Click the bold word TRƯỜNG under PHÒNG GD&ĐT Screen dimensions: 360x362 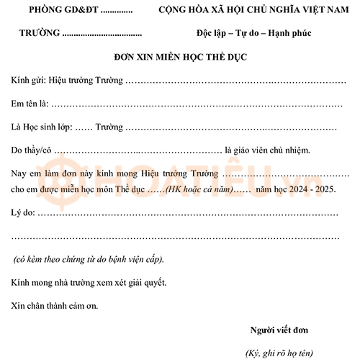click(x=39, y=34)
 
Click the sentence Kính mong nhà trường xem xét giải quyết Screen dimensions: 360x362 click(x=89, y=282)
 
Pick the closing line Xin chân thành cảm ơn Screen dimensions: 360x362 click(x=55, y=305)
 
